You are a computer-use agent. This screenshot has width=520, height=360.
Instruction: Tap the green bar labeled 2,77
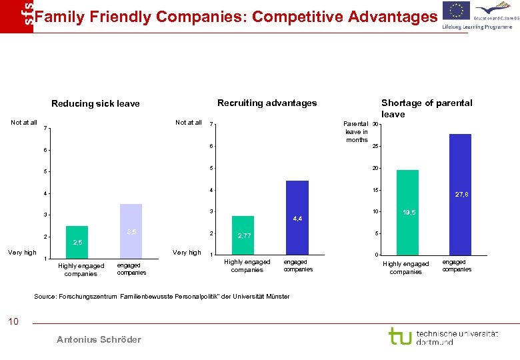pos(243,235)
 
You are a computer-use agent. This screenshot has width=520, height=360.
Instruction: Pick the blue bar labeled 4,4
pos(297,218)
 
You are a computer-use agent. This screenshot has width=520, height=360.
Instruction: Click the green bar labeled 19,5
pos(407,212)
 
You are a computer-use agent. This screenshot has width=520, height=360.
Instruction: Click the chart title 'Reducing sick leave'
pos(95,103)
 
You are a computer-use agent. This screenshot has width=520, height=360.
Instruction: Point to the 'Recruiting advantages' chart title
pos(267,103)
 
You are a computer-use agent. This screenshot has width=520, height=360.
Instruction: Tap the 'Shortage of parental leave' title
pos(426,108)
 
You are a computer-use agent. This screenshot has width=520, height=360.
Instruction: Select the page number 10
pos(13,322)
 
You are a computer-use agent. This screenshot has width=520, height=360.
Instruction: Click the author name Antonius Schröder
pos(99,339)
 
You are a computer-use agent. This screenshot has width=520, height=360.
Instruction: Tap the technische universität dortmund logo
pos(443,337)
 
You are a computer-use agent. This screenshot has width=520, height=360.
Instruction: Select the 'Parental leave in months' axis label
pos(356,131)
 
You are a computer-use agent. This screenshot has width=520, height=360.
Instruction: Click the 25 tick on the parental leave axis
pos(376,147)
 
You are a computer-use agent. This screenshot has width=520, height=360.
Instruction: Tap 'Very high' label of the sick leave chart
pos(22,253)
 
